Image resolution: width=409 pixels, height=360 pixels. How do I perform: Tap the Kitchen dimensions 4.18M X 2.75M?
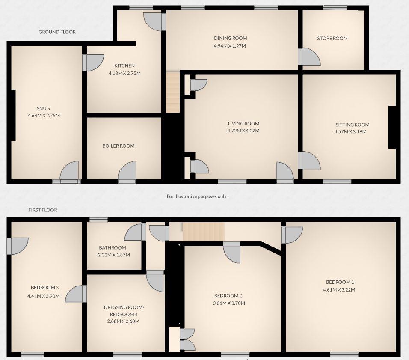(124, 73)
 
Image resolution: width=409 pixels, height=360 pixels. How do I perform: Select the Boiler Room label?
(118, 146)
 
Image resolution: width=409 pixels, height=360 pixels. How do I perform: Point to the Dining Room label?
(230, 39)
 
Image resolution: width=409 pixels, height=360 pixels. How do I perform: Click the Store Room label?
(332, 39)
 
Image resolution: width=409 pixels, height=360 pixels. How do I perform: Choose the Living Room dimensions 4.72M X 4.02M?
(243, 131)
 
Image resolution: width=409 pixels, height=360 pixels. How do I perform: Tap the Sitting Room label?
(352, 125)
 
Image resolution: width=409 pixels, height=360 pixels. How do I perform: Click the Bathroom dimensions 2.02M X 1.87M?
(113, 255)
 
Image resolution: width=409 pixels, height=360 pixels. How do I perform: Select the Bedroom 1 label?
(340, 282)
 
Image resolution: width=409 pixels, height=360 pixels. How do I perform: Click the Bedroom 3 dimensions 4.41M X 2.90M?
(44, 296)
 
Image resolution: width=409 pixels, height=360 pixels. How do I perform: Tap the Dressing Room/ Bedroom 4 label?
(124, 311)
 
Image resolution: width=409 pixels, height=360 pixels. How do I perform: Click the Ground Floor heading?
(57, 32)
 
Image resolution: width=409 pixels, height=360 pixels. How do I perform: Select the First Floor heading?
(43, 210)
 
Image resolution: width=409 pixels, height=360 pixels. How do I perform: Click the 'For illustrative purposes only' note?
(196, 196)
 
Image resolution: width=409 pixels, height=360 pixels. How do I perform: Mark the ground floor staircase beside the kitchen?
(172, 92)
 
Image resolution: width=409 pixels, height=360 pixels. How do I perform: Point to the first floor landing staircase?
(204, 232)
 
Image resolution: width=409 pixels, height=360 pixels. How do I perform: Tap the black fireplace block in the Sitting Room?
(391, 127)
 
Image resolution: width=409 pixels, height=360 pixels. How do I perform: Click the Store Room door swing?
(309, 57)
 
